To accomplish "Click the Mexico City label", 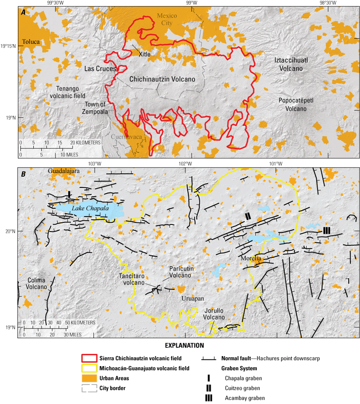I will (166, 19).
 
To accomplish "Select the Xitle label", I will (144, 54).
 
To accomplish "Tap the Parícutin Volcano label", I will (180, 272).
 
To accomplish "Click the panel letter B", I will (24, 173).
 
